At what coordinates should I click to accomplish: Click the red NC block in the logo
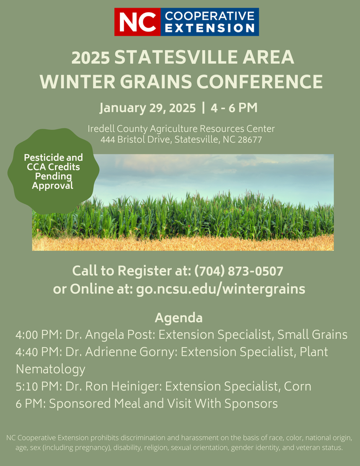[137, 22]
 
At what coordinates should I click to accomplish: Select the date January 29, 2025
[148, 108]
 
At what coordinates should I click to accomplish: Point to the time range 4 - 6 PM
[234, 108]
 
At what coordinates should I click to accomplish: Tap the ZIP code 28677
[250, 139]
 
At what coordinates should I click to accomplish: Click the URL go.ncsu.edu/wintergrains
[221, 289]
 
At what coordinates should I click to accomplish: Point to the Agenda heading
[179, 317]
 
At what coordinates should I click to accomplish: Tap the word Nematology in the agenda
[50, 369]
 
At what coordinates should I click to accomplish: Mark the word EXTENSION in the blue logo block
[210, 28]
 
